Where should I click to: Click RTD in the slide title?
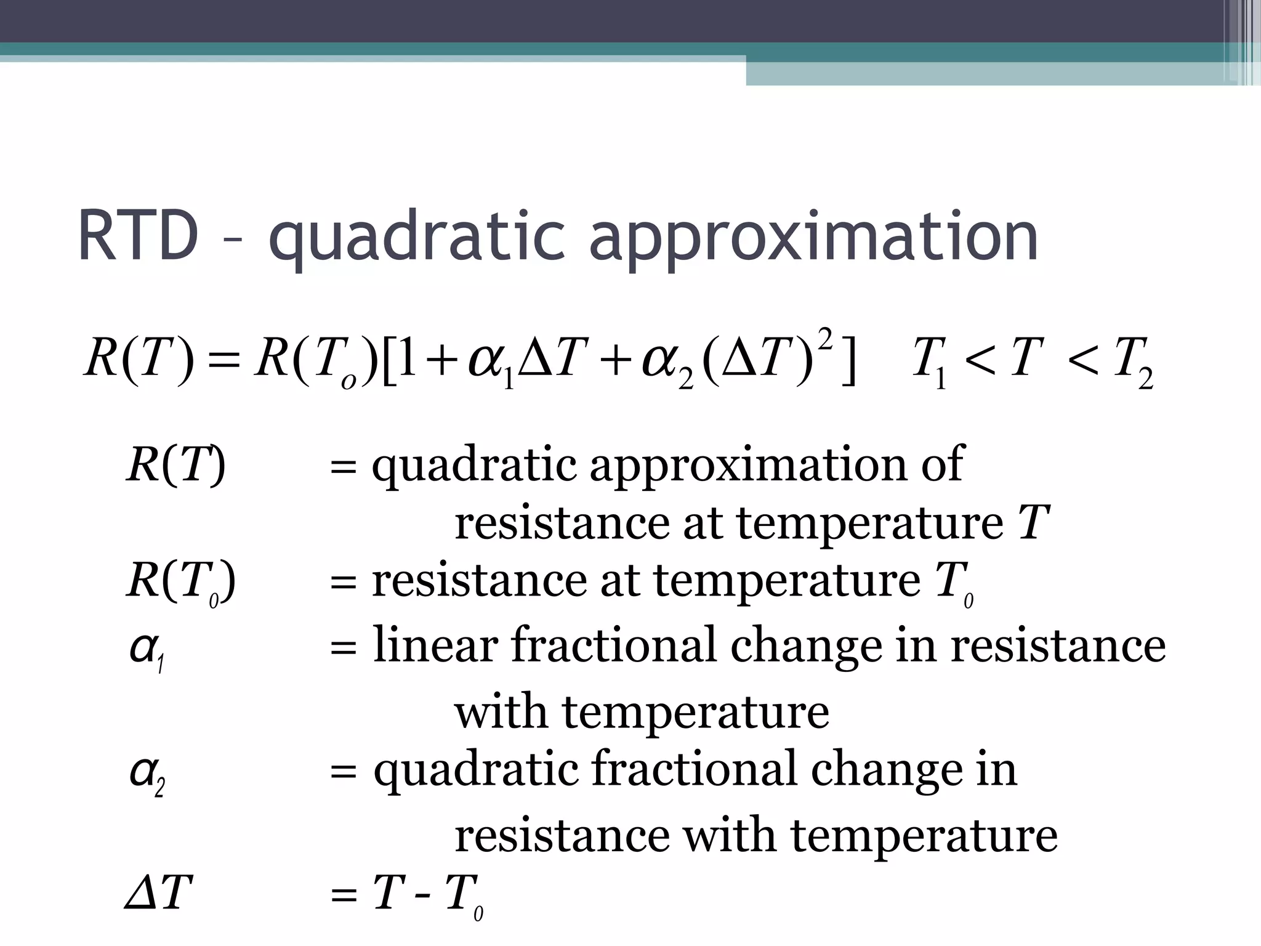pos(138,237)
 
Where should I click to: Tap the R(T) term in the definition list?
pos(176,465)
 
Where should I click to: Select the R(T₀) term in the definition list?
pos(181,582)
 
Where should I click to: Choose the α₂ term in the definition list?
pos(147,774)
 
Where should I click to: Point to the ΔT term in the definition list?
pos(158,892)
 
